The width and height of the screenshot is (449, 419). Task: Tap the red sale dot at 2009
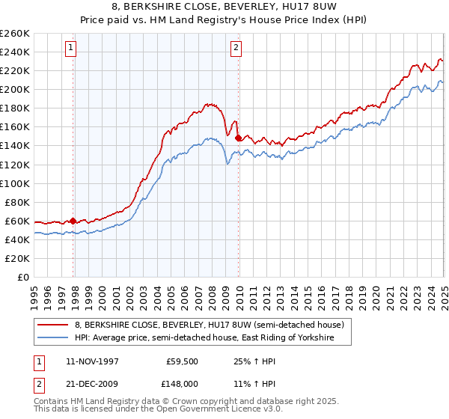[x=238, y=138]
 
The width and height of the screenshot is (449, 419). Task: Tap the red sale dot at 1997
[x=73, y=221]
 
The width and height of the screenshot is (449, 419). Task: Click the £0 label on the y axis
[x=23, y=277]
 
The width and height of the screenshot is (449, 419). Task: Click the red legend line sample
[x=53, y=325]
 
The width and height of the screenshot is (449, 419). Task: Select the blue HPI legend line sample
[x=53, y=338]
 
